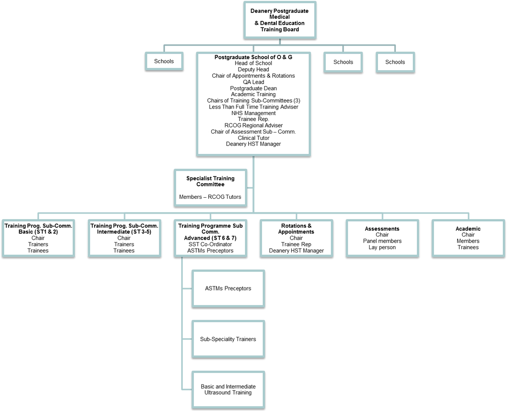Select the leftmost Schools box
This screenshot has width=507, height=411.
[164, 61]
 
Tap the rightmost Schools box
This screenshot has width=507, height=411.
[395, 62]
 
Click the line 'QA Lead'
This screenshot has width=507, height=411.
[253, 82]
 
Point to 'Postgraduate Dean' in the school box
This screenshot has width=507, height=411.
[253, 88]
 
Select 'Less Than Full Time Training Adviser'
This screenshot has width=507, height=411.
[253, 107]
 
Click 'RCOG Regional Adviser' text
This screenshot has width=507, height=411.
[253, 126]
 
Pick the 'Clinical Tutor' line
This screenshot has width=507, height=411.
[253, 138]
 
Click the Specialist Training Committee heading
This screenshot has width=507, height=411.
[210, 181]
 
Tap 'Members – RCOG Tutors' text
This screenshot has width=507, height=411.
[210, 197]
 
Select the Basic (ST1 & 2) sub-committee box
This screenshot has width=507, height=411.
[38, 238]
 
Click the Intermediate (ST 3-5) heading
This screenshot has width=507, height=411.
[124, 229]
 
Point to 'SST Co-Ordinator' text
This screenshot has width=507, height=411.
[210, 244]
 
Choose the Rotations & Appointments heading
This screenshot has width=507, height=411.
[296, 229]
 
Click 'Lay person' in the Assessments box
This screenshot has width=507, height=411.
[382, 247]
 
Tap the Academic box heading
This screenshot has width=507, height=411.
[468, 229]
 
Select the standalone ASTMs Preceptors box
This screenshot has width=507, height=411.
[228, 288]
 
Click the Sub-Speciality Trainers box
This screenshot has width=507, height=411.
[228, 339]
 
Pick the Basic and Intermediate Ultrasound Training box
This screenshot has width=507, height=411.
[228, 390]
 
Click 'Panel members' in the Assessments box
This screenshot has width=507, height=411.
[382, 241]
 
